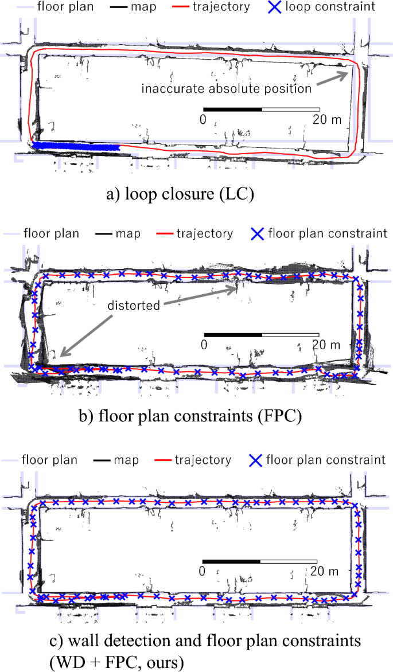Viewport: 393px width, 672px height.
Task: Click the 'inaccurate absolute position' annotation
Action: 227,89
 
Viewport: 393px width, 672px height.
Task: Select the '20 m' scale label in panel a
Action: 326,119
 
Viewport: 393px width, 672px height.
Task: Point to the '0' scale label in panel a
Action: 203,119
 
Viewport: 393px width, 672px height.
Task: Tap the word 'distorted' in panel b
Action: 133,305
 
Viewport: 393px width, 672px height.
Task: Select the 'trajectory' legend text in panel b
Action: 205,234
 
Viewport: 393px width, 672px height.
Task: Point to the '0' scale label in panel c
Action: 202,571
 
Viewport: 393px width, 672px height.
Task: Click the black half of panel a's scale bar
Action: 232,108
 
